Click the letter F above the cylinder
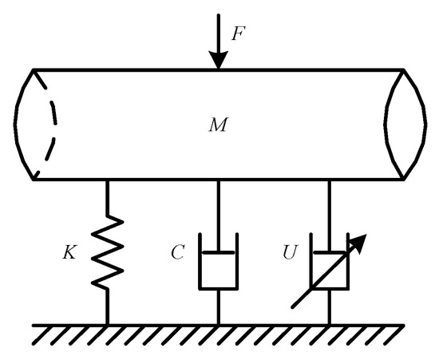click(237, 34)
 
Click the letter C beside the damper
click(178, 255)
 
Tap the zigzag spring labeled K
click(109, 255)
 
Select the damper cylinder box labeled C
click(219, 271)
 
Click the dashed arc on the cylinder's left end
click(49, 124)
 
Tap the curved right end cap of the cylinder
click(407, 124)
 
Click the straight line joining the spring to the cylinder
click(109, 200)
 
